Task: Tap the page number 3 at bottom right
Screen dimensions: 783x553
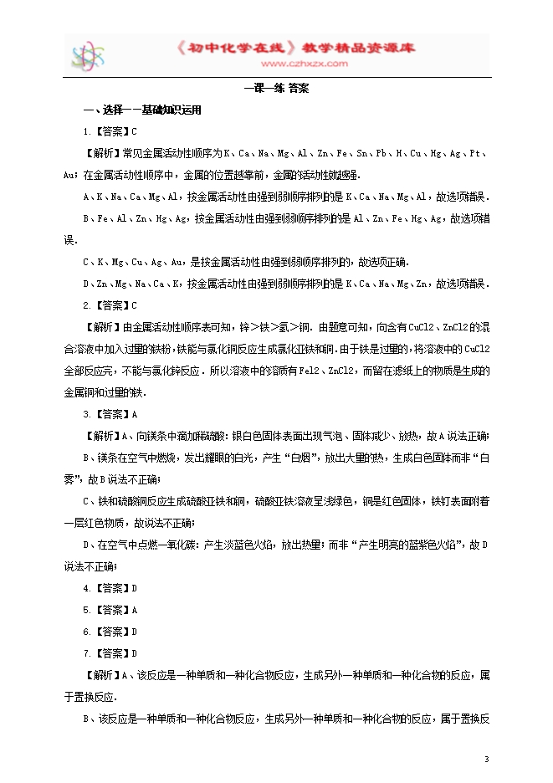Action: (486, 759)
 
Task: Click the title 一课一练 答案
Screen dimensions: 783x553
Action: (276, 89)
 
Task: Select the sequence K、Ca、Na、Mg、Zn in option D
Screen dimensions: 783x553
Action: (386, 284)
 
